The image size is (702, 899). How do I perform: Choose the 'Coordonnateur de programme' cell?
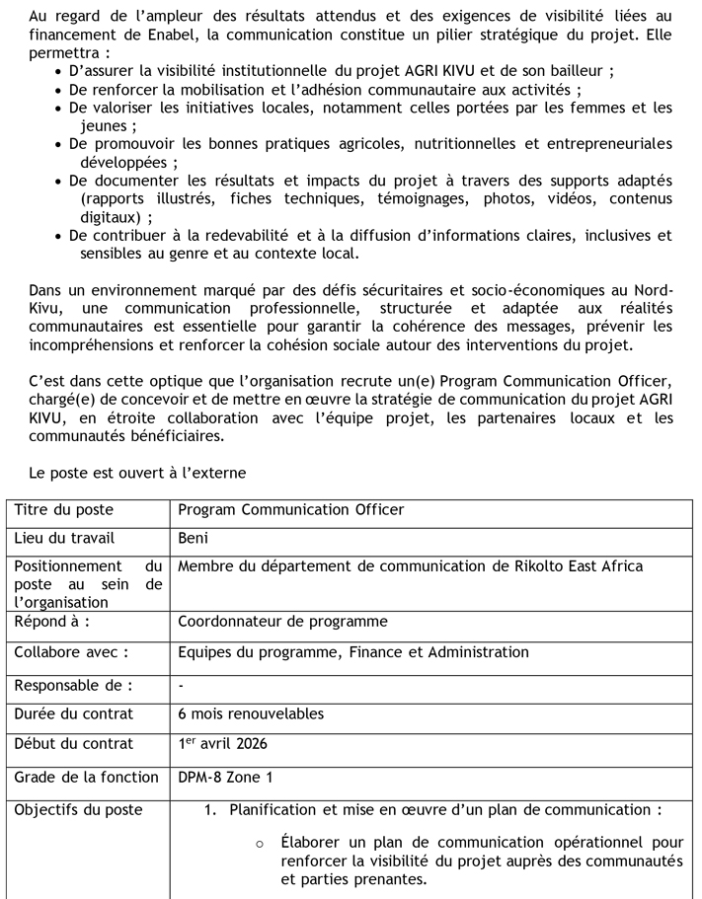click(x=282, y=622)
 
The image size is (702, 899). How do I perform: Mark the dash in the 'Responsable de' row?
click(x=182, y=685)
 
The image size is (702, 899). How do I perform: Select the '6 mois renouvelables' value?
click(x=251, y=713)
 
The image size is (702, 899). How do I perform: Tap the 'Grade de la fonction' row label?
click(x=86, y=778)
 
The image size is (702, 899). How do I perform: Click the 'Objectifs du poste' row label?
click(x=78, y=810)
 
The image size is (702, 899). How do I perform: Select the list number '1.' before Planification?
click(x=210, y=810)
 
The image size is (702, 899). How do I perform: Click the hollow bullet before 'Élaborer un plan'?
click(x=259, y=844)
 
